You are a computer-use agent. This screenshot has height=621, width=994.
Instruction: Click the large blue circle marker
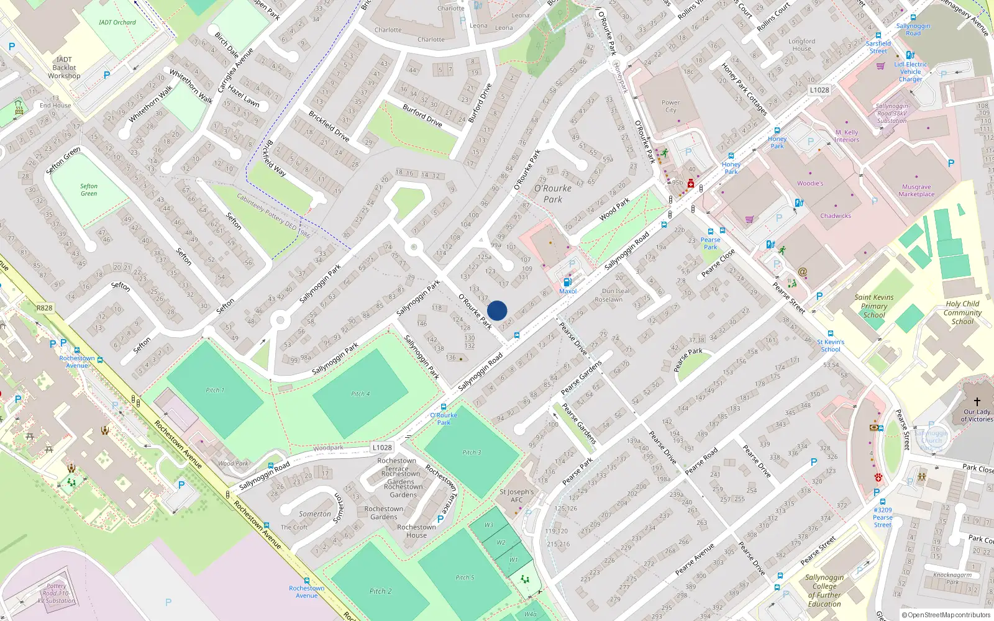click(x=497, y=310)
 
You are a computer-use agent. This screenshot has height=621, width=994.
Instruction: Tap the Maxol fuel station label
click(x=568, y=291)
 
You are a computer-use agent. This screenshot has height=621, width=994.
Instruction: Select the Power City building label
click(x=670, y=106)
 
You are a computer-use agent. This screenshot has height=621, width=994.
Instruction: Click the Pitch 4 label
click(x=360, y=394)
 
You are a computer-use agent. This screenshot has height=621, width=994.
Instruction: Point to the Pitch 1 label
click(x=215, y=390)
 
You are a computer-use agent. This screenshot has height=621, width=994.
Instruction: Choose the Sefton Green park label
click(x=89, y=189)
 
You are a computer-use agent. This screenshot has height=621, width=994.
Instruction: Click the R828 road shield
click(x=45, y=308)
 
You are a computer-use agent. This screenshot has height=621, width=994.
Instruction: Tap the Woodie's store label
click(x=810, y=183)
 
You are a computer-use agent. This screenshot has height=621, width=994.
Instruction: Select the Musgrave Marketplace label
click(x=916, y=190)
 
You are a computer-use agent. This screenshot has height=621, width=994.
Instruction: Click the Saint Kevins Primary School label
click(x=873, y=306)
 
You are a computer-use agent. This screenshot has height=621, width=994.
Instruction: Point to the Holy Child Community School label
click(x=962, y=312)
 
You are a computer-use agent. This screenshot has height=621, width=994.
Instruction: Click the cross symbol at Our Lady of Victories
click(x=977, y=402)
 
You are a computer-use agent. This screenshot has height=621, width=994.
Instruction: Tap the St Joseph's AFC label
click(x=516, y=496)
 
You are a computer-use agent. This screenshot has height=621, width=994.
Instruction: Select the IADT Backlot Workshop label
click(x=64, y=68)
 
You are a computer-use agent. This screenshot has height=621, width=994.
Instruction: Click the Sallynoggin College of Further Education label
click(x=824, y=591)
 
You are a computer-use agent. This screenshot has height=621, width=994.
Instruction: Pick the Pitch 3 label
click(x=472, y=452)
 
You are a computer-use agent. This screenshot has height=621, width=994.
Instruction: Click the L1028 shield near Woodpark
click(x=382, y=447)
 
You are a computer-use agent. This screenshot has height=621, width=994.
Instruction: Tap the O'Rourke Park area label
click(x=552, y=194)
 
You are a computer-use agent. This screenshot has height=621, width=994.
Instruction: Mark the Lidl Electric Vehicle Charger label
click(x=910, y=71)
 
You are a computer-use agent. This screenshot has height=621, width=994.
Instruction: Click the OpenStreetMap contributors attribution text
click(x=946, y=615)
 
